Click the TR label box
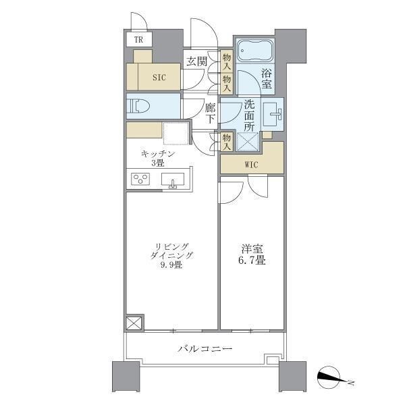pos(138,39)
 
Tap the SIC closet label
pos(159,77)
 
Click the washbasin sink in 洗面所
pos(273,113)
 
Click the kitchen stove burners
pos(141,180)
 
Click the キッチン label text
pos(158,154)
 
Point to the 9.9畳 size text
pos(172,265)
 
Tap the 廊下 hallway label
pos(210,113)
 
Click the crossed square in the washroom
pos(247,142)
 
